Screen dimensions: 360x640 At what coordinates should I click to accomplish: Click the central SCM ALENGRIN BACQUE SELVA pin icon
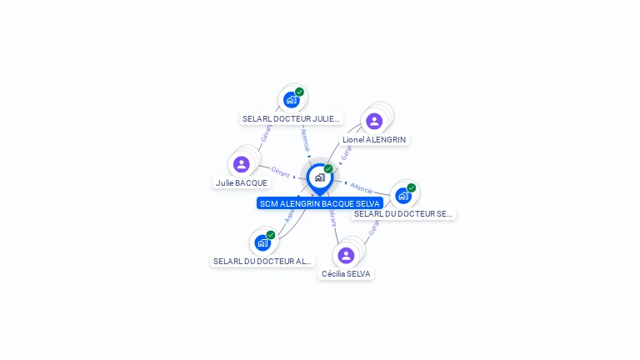pyautogui.click(x=319, y=177)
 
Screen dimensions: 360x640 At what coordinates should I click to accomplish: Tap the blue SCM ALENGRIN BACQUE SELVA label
pyautogui.click(x=319, y=203)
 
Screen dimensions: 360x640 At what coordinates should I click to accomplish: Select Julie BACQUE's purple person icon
pyautogui.click(x=242, y=164)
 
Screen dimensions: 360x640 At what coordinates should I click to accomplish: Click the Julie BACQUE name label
pyautogui.click(x=242, y=182)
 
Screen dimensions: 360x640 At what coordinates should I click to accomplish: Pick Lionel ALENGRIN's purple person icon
pyautogui.click(x=374, y=121)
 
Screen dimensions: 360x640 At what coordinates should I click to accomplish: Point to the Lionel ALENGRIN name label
pyautogui.click(x=374, y=139)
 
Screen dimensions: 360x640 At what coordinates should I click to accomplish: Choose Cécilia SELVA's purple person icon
pyautogui.click(x=346, y=255)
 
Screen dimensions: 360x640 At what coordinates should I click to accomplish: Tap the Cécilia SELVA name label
pyautogui.click(x=346, y=273)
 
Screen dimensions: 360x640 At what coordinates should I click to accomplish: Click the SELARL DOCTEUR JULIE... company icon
pyautogui.click(x=291, y=100)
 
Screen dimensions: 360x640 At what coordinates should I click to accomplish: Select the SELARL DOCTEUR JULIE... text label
pyautogui.click(x=292, y=119)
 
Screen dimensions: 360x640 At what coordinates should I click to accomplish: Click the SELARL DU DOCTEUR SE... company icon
pyautogui.click(x=403, y=196)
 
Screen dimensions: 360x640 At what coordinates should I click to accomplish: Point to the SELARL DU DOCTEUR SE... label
pyautogui.click(x=403, y=214)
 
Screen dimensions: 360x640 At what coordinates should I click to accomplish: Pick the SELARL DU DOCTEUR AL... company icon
pyautogui.click(x=262, y=242)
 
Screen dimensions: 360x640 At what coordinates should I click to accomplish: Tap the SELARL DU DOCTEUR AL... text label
pyautogui.click(x=262, y=261)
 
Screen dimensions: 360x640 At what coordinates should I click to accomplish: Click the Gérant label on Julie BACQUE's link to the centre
pyautogui.click(x=280, y=172)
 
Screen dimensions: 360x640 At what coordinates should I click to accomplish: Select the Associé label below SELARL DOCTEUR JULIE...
pyautogui.click(x=305, y=138)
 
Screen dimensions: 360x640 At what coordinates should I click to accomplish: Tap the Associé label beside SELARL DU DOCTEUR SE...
pyautogui.click(x=362, y=187)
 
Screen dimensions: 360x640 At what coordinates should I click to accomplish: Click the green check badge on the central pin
pyautogui.click(x=328, y=168)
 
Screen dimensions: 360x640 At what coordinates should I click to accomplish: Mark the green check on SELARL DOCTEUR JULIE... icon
pyautogui.click(x=299, y=92)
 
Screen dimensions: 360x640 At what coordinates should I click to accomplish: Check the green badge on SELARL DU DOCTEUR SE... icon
pyautogui.click(x=411, y=187)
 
